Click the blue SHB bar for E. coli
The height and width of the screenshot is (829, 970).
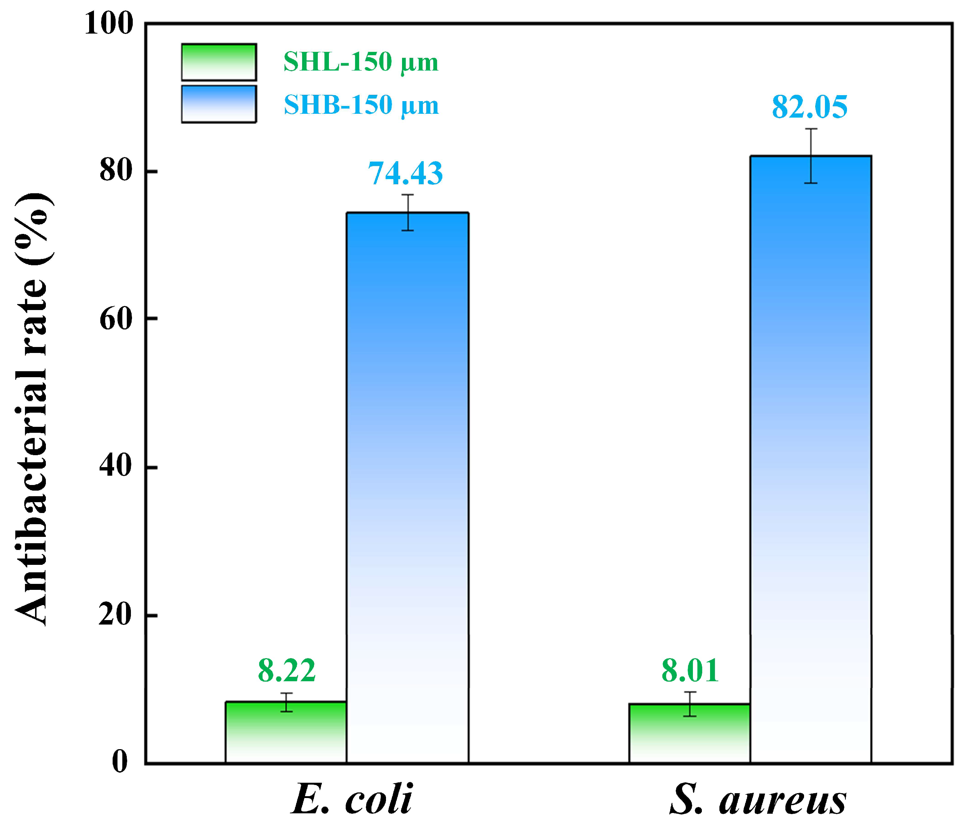tap(407, 487)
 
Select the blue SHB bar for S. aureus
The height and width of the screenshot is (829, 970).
tap(810, 459)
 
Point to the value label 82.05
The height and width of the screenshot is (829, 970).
tap(809, 107)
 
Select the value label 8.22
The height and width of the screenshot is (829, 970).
tap(286, 671)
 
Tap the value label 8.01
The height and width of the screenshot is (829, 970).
tap(690, 671)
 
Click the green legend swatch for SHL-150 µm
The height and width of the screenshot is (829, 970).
tap(219, 62)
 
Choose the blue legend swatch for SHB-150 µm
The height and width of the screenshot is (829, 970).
tap(219, 104)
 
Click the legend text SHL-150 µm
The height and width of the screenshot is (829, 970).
tap(361, 62)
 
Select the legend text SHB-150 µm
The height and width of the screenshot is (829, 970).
tap(361, 105)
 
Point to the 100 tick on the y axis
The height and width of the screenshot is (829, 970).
tap(109, 24)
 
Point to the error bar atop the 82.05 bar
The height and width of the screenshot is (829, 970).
tap(811, 156)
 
